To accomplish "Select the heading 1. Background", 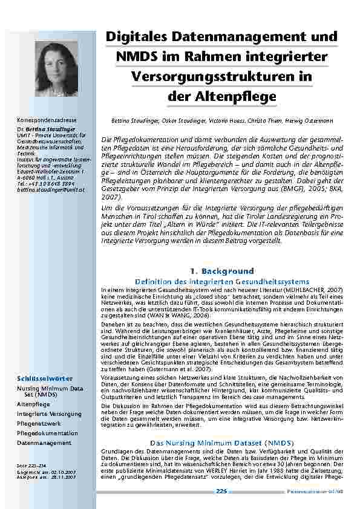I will pyautogui.click(x=221, y=271).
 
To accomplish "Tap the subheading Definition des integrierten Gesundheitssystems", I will pyautogui.click(x=221, y=282).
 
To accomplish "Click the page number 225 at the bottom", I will pyautogui.click(x=221, y=491).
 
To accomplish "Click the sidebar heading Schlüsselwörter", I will pyautogui.click(x=45, y=378).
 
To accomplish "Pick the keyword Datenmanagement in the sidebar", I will pyautogui.click(x=44, y=443).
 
